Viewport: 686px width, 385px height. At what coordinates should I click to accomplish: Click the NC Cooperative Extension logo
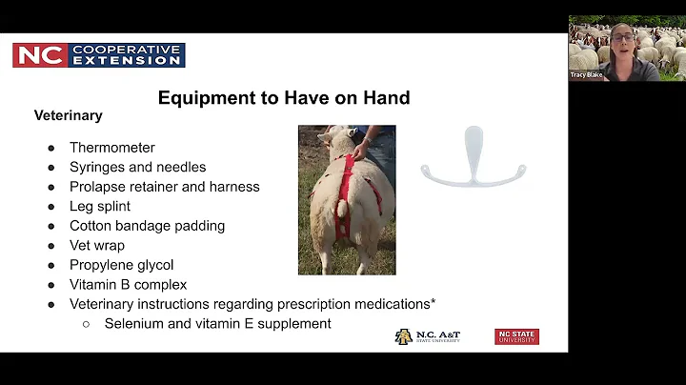(x=99, y=55)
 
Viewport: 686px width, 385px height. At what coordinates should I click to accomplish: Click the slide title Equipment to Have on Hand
(x=284, y=97)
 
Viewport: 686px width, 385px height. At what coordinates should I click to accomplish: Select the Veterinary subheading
(x=68, y=115)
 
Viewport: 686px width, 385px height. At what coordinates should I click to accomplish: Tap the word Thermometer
(x=111, y=148)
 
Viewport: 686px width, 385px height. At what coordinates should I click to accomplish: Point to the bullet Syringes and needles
(x=137, y=167)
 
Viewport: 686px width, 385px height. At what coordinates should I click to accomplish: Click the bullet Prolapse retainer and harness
(x=164, y=187)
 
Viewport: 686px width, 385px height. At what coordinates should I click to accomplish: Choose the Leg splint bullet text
(x=100, y=206)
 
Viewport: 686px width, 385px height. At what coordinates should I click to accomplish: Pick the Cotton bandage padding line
(x=147, y=226)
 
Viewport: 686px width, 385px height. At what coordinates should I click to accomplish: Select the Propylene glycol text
(x=121, y=265)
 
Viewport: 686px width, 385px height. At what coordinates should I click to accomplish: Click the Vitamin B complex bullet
(x=128, y=284)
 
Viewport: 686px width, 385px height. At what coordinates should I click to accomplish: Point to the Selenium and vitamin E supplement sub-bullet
(x=217, y=324)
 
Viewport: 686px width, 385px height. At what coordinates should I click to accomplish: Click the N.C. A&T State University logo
(x=428, y=336)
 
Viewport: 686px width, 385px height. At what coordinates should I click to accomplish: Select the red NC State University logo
(x=516, y=336)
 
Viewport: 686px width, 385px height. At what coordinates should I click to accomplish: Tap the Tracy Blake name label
(x=586, y=74)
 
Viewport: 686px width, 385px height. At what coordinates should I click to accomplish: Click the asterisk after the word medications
(x=434, y=302)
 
